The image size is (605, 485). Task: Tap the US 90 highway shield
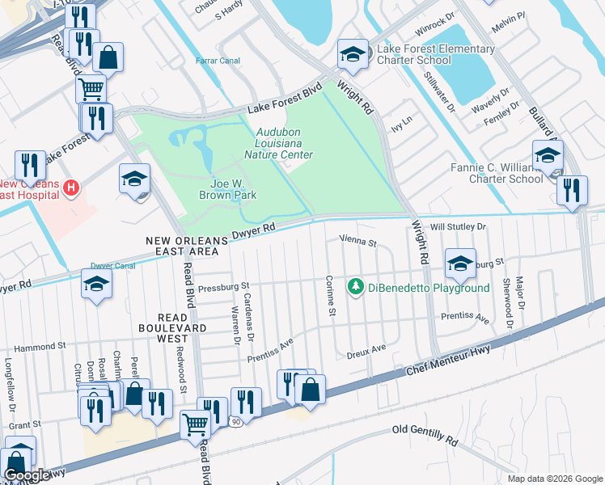235,421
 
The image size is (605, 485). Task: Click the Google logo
26,475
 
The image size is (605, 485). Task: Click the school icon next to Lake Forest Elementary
352,54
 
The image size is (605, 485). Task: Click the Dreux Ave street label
366,350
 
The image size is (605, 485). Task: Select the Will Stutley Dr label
458,228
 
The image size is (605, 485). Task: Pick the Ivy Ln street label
401,118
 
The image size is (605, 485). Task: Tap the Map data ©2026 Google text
554,479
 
